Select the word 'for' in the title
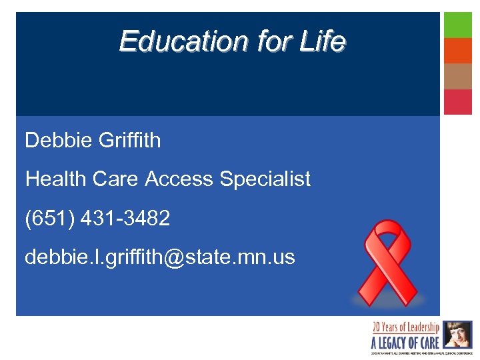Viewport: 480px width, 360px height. (x=273, y=41)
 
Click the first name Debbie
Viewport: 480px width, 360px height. (x=59, y=140)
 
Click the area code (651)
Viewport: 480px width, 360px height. (x=49, y=217)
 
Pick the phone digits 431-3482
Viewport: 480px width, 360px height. (x=125, y=217)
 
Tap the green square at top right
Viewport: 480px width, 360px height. (x=458, y=25)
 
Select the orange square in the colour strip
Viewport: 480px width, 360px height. (x=458, y=51)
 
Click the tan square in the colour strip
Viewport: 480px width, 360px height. (x=458, y=76)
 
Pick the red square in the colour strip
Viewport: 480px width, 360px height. (x=458, y=101)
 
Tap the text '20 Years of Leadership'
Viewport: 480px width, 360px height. (x=405, y=327)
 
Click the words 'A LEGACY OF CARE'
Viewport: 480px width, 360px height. (x=405, y=342)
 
